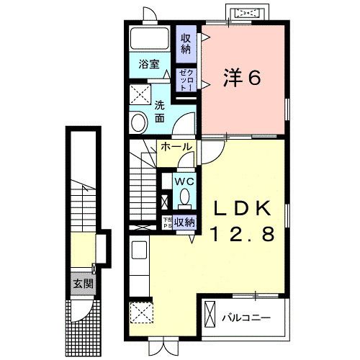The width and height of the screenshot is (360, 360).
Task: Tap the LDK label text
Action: tap(242, 208)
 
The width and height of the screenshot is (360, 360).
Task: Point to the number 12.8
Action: tap(242, 233)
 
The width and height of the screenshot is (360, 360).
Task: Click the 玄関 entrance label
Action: tap(81, 283)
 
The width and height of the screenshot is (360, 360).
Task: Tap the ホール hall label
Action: tap(176, 146)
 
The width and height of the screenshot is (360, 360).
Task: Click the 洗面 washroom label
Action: tap(160, 111)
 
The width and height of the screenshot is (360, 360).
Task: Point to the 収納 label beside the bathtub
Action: tap(186, 43)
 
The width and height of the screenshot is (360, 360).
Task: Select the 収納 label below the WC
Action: tap(185, 222)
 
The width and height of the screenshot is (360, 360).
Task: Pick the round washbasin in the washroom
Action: tap(138, 122)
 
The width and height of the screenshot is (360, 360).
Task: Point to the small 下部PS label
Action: tap(166, 222)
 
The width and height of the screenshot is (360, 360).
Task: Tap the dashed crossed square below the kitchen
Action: tap(140, 313)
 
